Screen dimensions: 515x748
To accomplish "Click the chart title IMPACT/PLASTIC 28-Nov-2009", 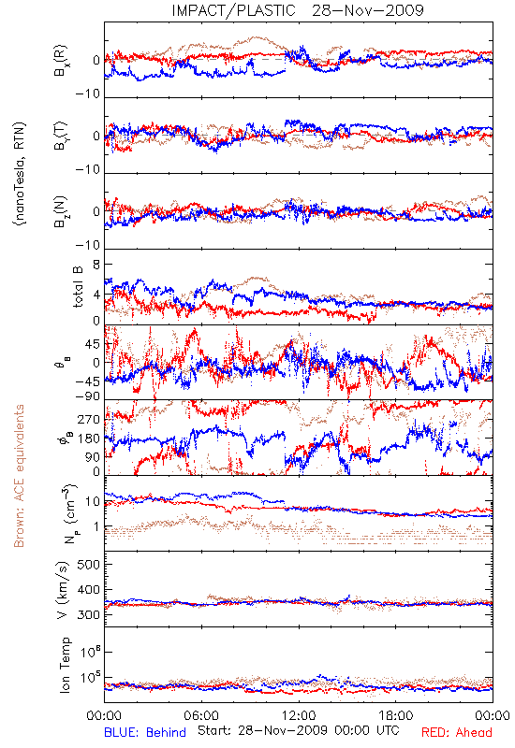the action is tap(298, 10).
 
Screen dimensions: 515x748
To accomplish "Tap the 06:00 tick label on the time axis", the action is tap(201, 715).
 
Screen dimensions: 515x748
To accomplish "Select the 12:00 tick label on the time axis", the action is tap(299, 715).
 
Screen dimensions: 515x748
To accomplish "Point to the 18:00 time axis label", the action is tap(396, 715).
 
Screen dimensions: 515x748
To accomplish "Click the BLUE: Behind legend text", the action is tap(145, 732).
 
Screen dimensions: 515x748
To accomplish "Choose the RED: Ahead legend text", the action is tap(456, 732).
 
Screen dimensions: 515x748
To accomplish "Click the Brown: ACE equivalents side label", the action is tap(19, 476).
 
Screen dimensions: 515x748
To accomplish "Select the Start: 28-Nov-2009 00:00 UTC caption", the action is tap(298, 730).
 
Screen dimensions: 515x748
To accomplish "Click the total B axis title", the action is tap(78, 287).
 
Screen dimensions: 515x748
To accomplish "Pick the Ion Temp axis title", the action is tap(65, 665).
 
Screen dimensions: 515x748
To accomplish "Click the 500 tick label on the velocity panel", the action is tap(88, 565).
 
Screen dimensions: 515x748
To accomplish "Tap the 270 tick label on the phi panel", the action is tap(89, 419).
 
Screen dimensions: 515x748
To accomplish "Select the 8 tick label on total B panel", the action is tap(96, 265).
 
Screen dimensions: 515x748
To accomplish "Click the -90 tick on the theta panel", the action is tap(87, 396).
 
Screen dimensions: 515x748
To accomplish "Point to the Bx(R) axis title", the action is tap(61, 61).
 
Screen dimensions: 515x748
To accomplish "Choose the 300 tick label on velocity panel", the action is tap(88, 614).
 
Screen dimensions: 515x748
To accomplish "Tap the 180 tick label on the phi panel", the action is tap(89, 439).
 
